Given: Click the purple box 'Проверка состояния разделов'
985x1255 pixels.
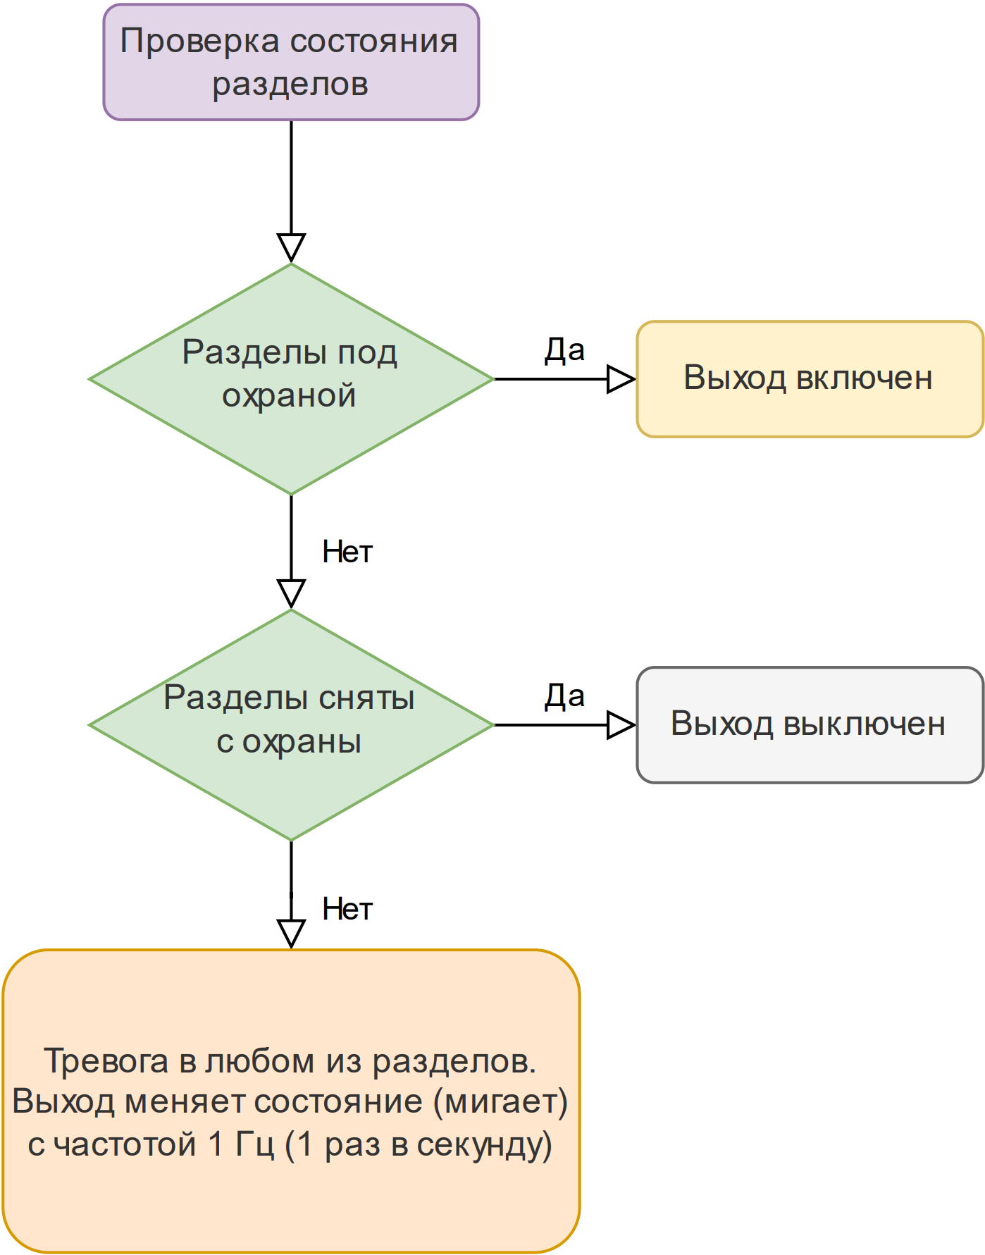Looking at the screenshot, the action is [291, 62].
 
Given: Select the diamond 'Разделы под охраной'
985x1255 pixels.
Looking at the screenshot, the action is [291, 379].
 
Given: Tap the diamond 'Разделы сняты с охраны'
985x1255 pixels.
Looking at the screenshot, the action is [291, 724].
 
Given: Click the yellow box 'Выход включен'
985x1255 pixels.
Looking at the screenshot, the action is [810, 379].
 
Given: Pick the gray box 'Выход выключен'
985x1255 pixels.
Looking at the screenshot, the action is [810, 724].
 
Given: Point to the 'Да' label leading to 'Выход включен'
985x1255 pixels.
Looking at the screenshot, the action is [564, 350].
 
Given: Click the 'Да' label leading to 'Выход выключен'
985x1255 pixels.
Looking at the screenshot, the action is [564, 696].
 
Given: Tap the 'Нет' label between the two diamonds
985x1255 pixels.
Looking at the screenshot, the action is [347, 552].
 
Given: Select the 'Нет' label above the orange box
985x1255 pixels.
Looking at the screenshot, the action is [347, 909].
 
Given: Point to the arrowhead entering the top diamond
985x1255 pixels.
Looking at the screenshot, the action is [291, 248].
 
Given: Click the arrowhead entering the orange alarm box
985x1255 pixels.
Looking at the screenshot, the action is [291, 934].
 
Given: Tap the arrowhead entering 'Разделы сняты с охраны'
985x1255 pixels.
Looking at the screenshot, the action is [291, 594].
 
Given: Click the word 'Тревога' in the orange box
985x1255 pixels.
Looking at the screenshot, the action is [106, 1061].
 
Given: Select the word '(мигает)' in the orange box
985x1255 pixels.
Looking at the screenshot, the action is [500, 1102].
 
